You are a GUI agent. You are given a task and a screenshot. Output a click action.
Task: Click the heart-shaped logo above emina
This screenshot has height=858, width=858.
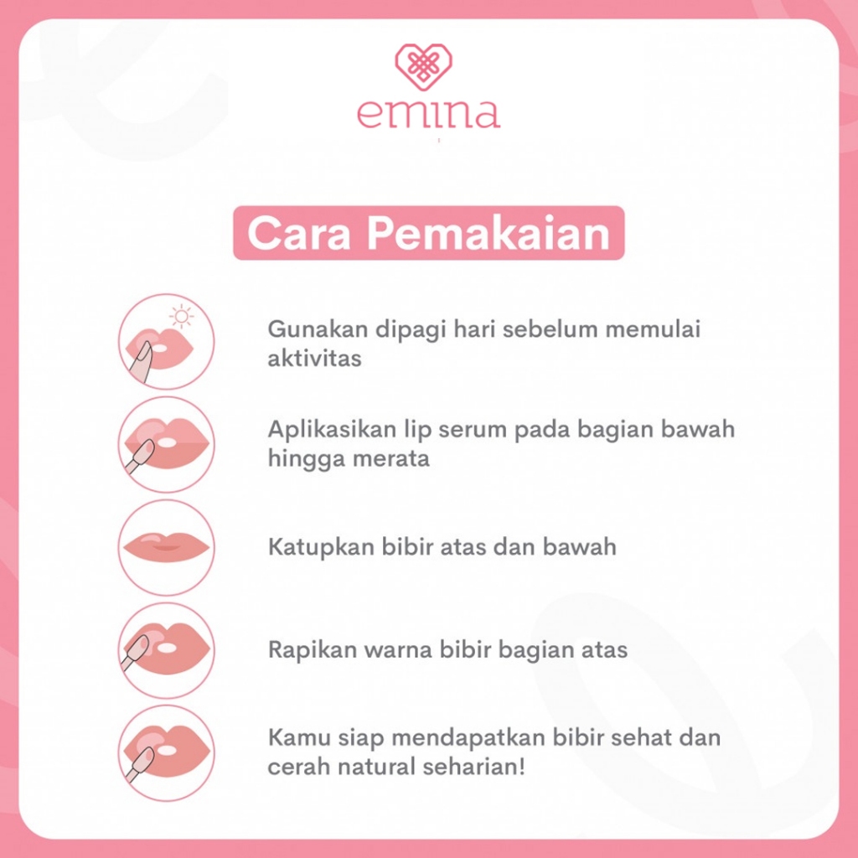point(423,67)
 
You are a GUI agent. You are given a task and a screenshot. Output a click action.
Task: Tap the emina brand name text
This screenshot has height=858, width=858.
point(428,114)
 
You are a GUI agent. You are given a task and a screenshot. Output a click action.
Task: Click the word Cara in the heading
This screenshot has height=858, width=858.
point(299,233)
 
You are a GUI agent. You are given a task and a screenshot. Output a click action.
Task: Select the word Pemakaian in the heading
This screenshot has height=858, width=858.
point(488,233)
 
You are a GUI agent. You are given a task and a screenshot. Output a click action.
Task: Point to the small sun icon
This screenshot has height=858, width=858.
point(182,317)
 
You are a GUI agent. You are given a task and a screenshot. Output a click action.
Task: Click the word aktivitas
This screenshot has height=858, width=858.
point(315,359)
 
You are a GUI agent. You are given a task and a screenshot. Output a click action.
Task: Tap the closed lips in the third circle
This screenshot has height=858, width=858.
point(167,547)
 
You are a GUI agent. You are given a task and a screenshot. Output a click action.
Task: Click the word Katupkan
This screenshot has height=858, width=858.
point(321,547)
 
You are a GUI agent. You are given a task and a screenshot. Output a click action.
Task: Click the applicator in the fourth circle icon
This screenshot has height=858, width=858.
point(135,652)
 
